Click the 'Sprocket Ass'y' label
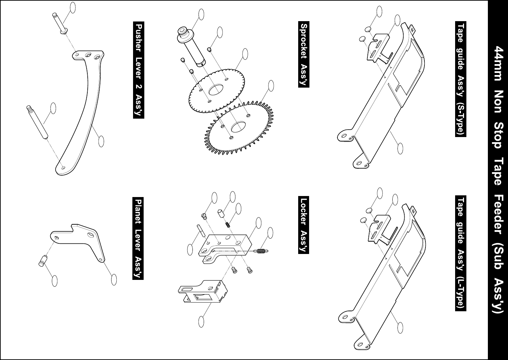click(304, 55)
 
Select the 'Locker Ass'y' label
click(304, 225)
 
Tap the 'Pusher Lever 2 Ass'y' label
click(139, 70)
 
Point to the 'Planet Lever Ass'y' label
click(138, 238)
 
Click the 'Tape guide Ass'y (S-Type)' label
click(461, 80)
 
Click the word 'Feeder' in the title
click(498, 219)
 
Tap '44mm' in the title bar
click(498, 64)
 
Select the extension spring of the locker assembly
click(261, 251)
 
